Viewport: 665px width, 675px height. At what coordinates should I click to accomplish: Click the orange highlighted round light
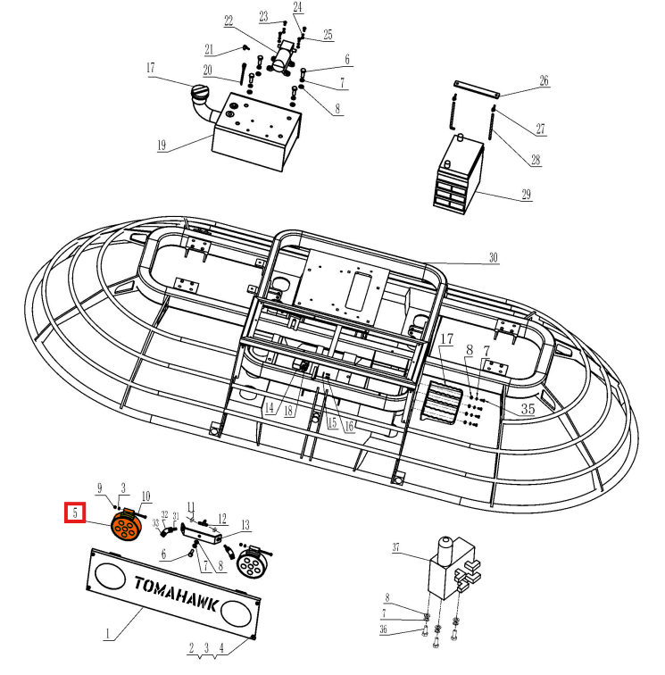(x=127, y=527)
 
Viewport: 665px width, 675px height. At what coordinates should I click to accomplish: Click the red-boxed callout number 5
(x=76, y=514)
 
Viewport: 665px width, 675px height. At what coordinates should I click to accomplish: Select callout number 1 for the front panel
(x=108, y=635)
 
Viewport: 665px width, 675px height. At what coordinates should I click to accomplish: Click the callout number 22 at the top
(x=229, y=21)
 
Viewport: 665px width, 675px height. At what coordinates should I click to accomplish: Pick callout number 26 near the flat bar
(x=544, y=81)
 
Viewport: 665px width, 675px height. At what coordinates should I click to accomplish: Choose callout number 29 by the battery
(x=526, y=194)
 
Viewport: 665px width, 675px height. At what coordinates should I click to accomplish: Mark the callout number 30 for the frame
(x=494, y=258)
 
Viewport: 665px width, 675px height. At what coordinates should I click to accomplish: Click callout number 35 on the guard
(x=528, y=409)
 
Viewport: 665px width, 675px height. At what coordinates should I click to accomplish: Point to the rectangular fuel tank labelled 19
(x=249, y=134)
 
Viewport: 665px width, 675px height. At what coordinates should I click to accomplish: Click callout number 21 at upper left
(x=209, y=48)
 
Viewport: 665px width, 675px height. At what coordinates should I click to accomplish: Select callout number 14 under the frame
(x=269, y=408)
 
